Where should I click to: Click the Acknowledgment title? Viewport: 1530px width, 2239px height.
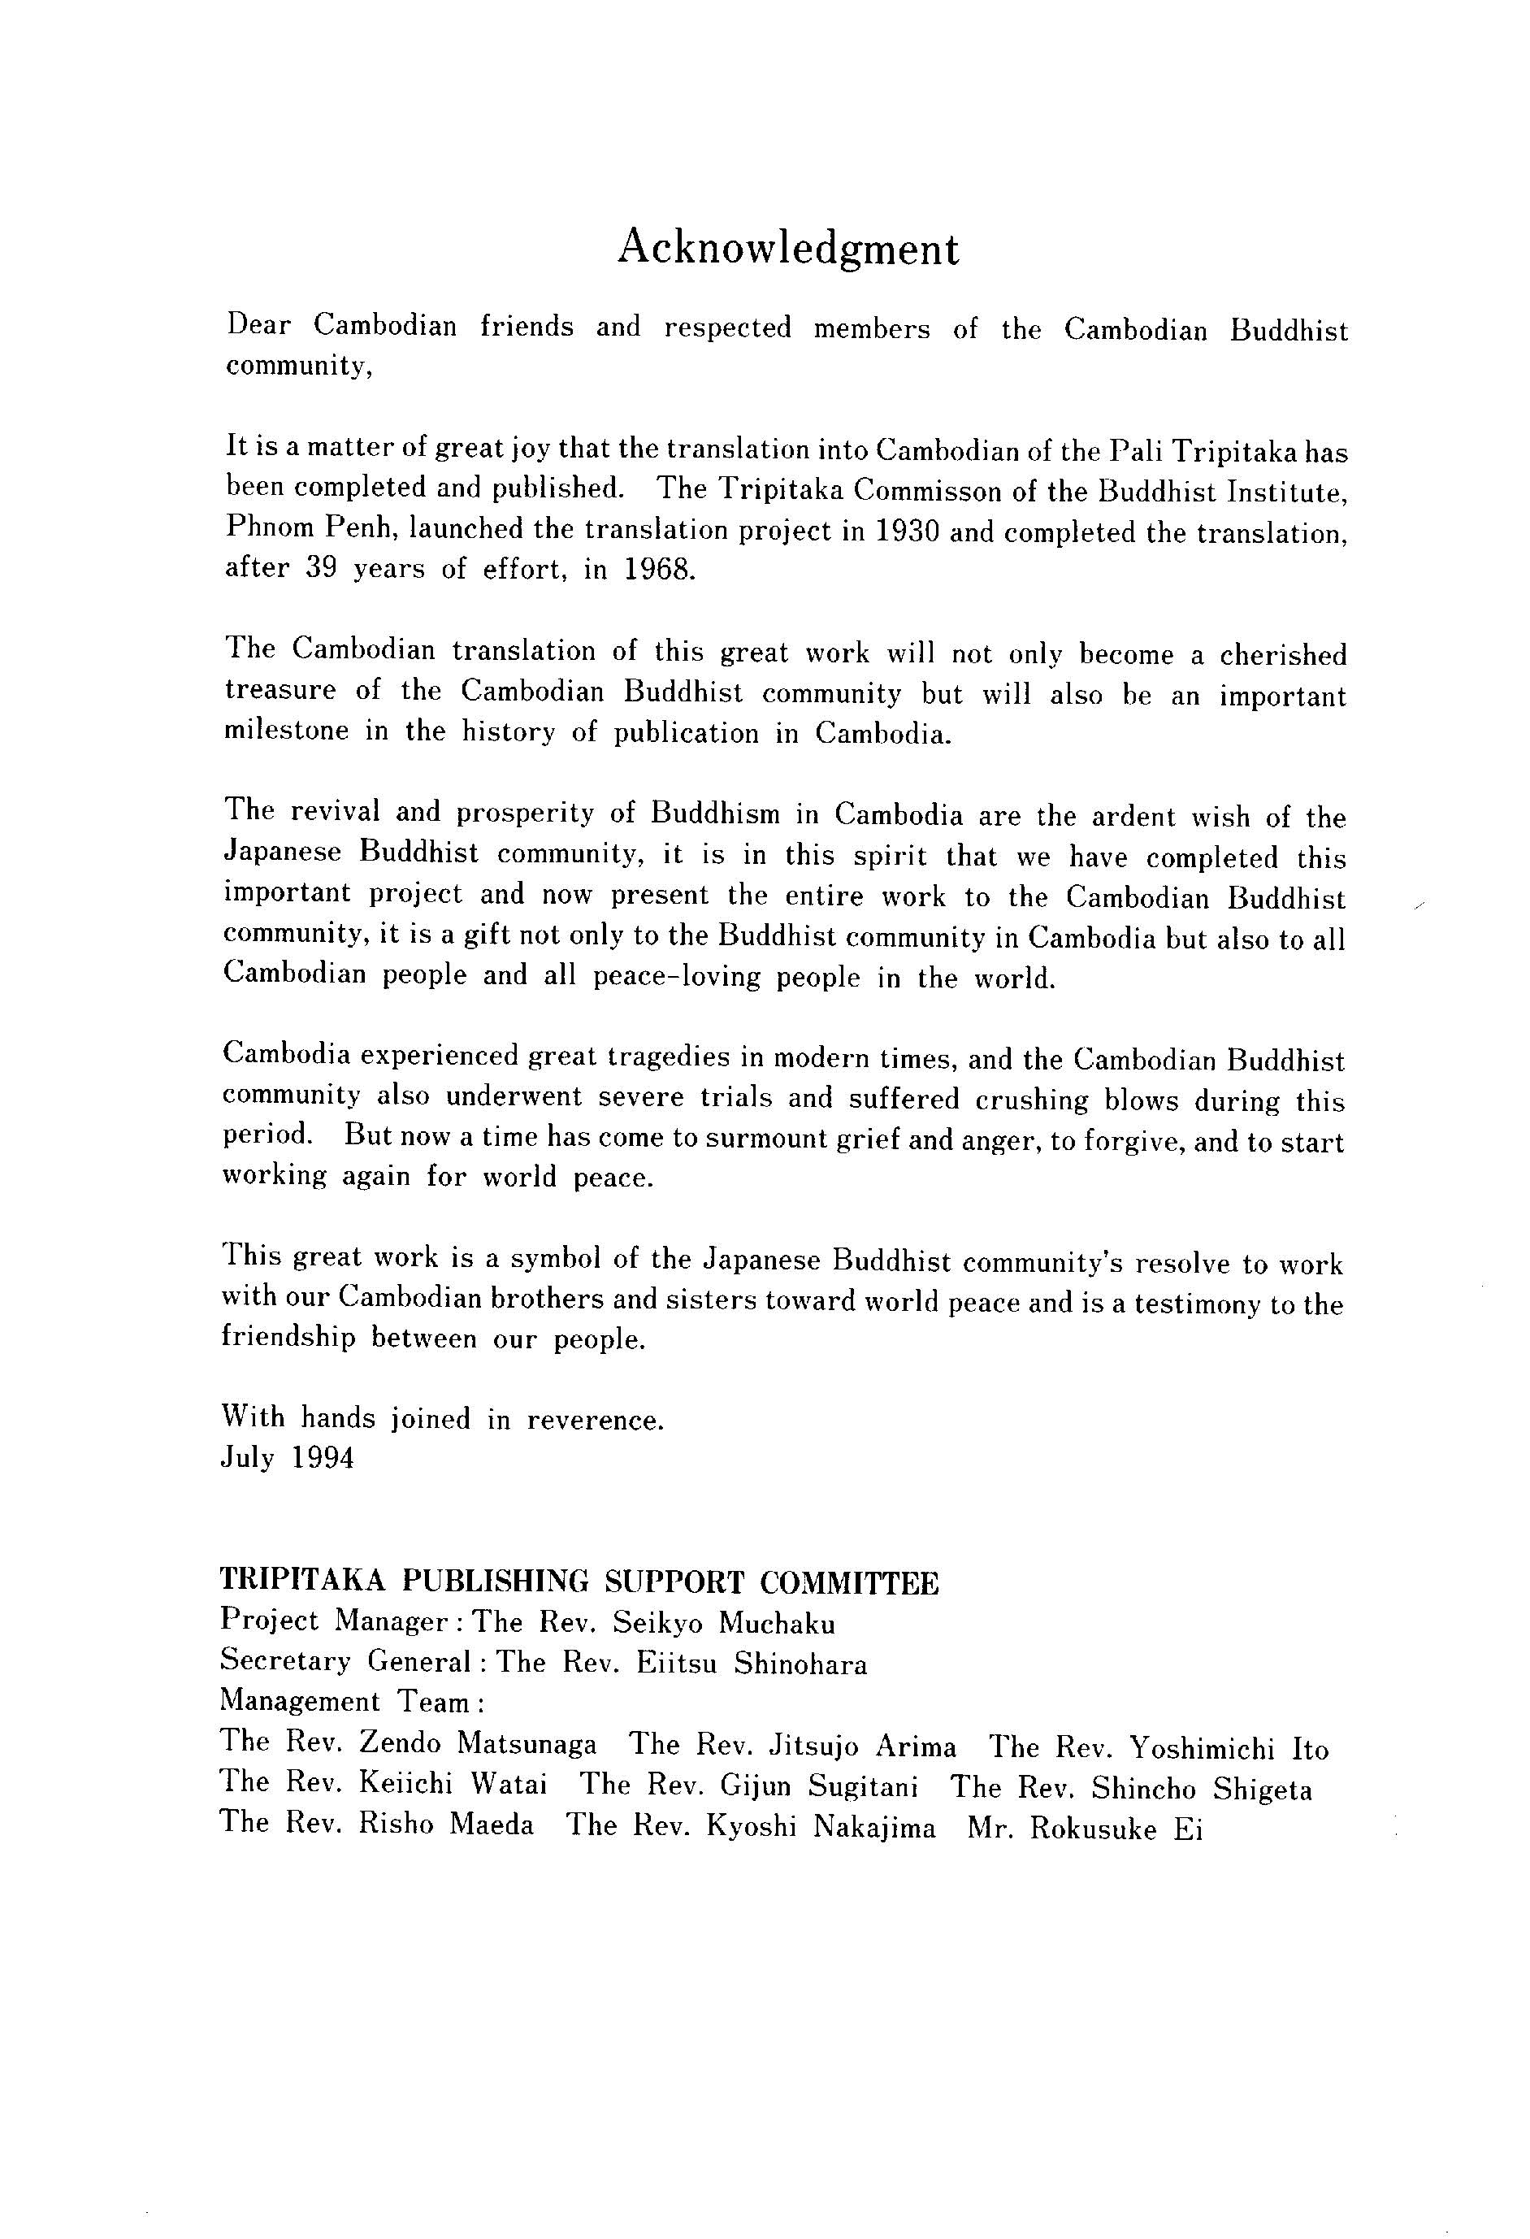(787, 249)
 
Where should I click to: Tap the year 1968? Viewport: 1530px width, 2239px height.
(658, 570)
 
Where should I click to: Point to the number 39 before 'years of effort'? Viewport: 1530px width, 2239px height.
(319, 568)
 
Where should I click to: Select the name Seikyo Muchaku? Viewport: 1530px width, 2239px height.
(724, 1623)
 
